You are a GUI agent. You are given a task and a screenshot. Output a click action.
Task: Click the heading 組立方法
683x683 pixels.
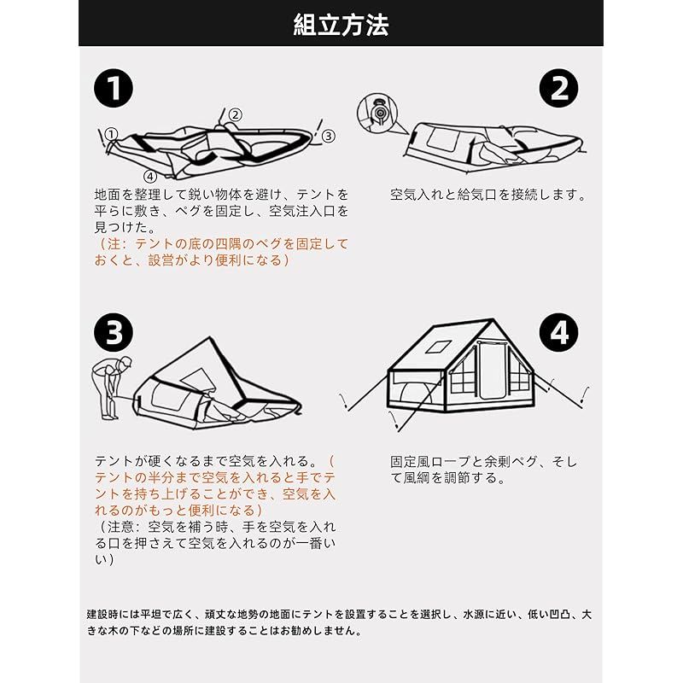(x=341, y=25)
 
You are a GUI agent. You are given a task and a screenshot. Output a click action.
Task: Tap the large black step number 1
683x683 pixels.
(x=114, y=88)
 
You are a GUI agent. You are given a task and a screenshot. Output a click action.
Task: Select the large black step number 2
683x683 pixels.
(x=559, y=88)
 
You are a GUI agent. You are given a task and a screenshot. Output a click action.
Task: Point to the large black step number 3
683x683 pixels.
(x=114, y=332)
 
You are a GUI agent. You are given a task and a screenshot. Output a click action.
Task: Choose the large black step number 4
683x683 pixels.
(x=559, y=332)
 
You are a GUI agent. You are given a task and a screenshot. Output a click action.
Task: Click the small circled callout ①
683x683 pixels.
(x=112, y=134)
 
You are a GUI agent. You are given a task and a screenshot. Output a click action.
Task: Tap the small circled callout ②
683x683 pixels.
(x=236, y=114)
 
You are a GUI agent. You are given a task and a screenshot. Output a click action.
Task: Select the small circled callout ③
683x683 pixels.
(x=329, y=136)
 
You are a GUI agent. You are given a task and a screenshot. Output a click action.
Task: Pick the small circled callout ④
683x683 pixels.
(x=150, y=177)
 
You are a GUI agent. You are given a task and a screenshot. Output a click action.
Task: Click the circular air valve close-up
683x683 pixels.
(x=377, y=113)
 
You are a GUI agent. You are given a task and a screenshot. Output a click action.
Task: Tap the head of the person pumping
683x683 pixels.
(x=126, y=362)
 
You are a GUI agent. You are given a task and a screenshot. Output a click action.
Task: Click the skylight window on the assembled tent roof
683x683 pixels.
(x=439, y=347)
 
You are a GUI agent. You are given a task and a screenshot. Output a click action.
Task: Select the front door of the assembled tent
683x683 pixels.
(x=492, y=371)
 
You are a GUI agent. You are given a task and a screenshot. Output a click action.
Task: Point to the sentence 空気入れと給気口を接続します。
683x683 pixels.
(x=488, y=195)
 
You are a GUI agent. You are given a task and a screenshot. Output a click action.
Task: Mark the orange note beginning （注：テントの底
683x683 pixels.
(x=221, y=252)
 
